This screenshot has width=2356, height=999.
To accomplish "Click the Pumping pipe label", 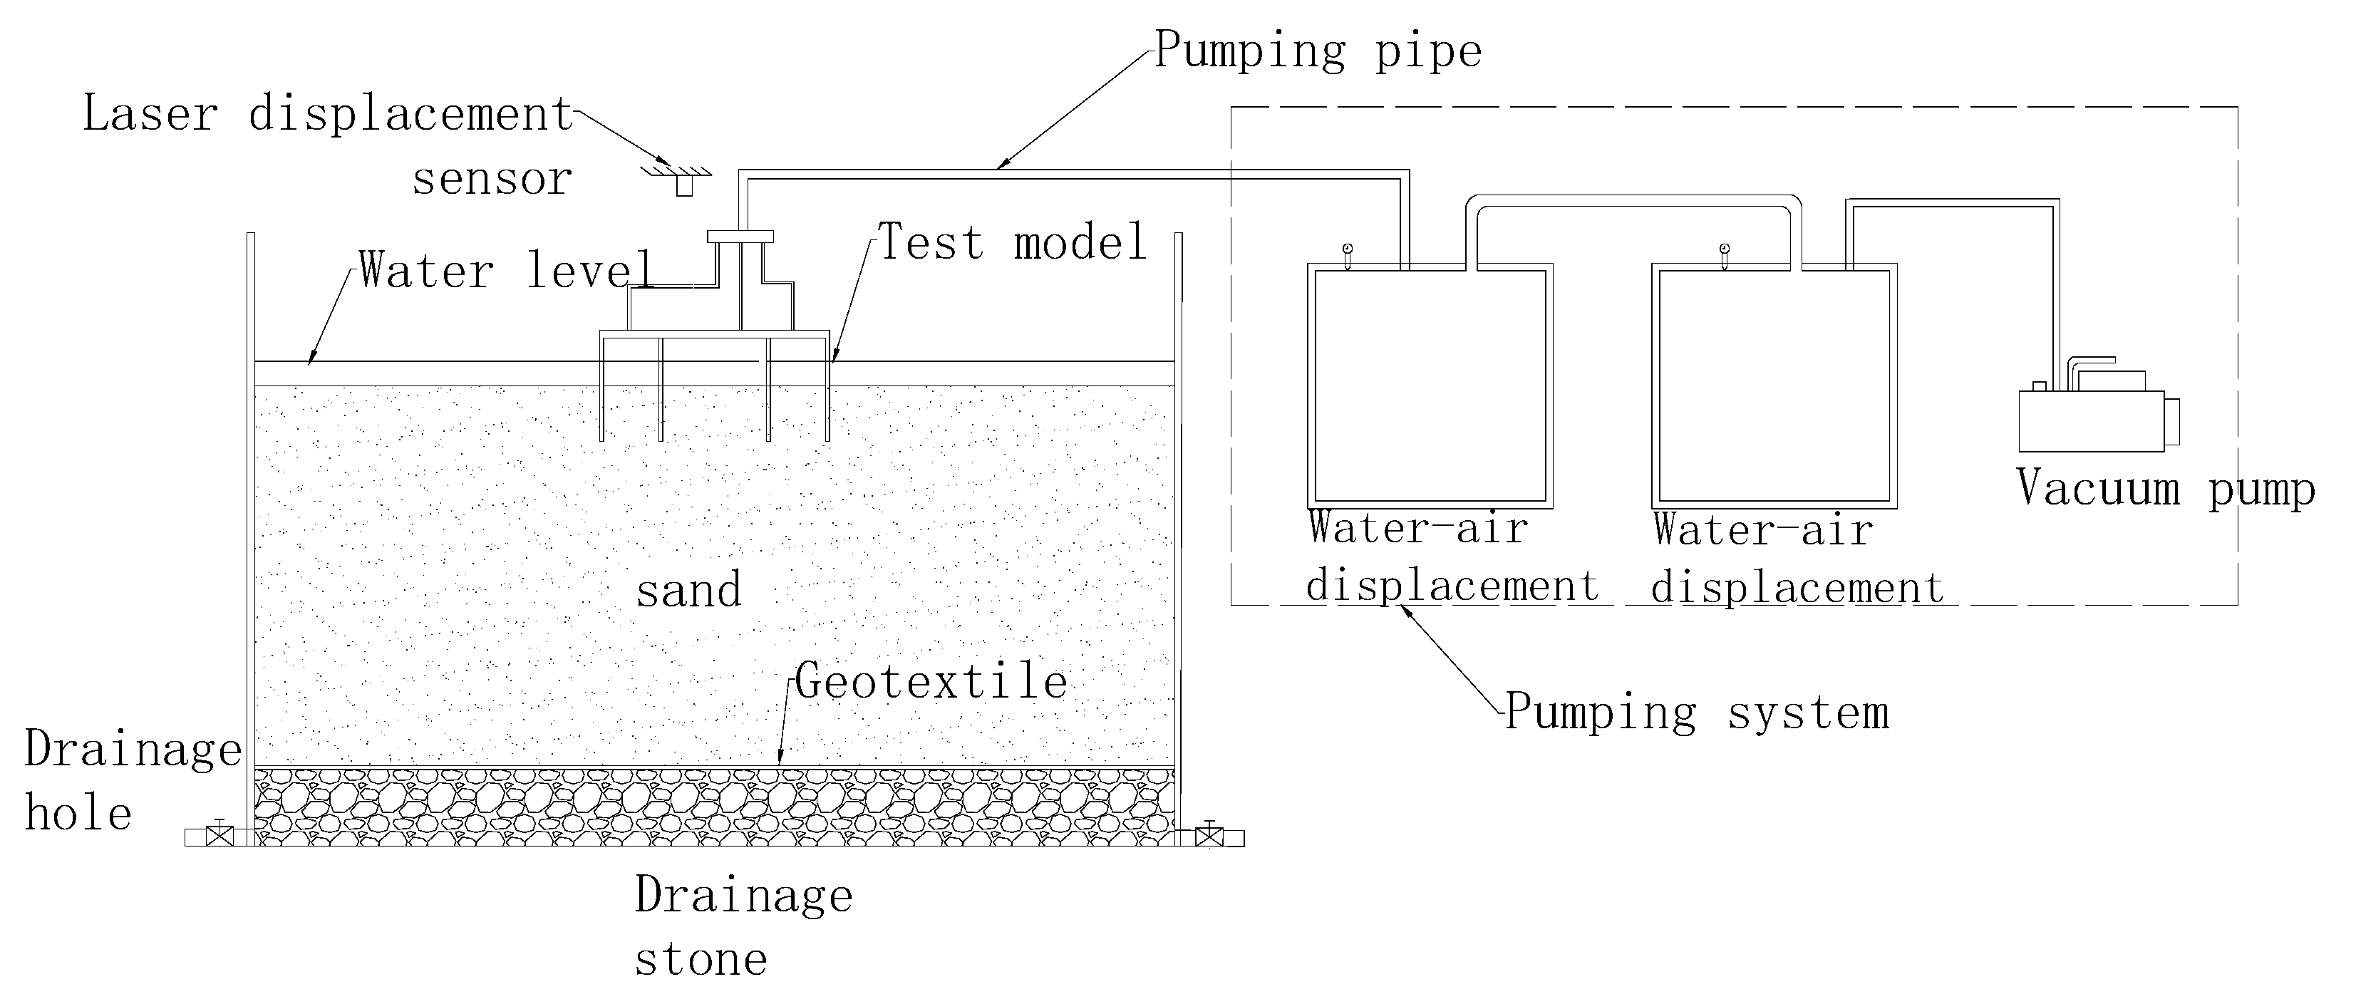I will pyautogui.click(x=1317, y=51).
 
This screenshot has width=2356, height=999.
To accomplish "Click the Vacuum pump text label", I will pyautogui.click(x=2165, y=489).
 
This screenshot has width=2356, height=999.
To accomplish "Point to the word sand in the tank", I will pyautogui.click(x=688, y=591).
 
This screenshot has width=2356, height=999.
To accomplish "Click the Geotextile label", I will pyautogui.click(x=931, y=681).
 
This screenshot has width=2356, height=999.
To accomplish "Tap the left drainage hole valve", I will pyautogui.click(x=219, y=835).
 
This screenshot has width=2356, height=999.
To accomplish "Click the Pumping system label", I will pyautogui.click(x=1697, y=712).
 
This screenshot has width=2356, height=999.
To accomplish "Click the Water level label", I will pyautogui.click(x=506, y=271).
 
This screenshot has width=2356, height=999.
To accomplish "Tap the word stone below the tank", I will pyautogui.click(x=701, y=960).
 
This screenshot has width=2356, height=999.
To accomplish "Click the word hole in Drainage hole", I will pyautogui.click(x=78, y=813).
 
